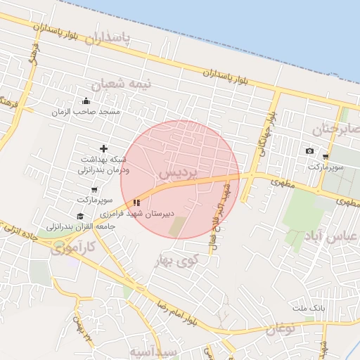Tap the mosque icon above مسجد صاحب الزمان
pos(86,101)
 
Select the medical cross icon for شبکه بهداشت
pos(104,148)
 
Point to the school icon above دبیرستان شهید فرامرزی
pos(136,202)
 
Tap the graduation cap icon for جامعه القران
pos(80,216)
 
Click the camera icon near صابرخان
pos(309,151)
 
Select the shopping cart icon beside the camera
pos(325,157)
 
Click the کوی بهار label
pos(176,262)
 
